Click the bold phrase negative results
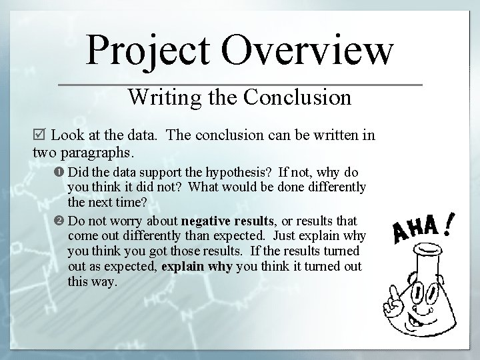point(227,221)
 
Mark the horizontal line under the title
point(241,85)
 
